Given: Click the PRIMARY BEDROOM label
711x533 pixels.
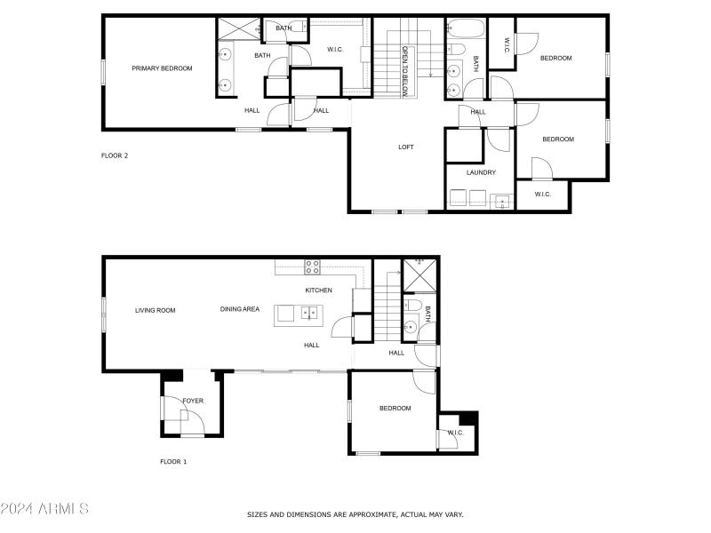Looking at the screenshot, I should pos(162,68).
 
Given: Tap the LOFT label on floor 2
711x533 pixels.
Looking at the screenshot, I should pos(405,147).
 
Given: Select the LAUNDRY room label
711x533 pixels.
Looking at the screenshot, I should pos(481,172).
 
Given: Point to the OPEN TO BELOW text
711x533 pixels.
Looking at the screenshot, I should pos(405,71).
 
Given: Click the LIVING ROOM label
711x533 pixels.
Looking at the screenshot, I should pos(156,310).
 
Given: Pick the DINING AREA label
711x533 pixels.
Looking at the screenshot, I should pos(240,309).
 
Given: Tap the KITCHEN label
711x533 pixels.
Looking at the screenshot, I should pos(318,290).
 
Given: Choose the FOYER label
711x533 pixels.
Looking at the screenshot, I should pos(193,401).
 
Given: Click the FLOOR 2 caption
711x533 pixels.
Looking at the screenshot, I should pos(115,155).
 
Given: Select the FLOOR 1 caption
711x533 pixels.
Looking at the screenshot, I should pos(173,461).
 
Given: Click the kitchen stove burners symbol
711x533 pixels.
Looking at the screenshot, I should pos(312,265).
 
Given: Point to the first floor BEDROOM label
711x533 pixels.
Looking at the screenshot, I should pos(395,408).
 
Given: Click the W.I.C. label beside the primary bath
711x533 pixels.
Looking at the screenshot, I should pos(336,50).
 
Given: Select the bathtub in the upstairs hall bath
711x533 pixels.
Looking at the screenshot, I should pos(463,27).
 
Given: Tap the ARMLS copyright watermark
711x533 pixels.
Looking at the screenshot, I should pos(44,509).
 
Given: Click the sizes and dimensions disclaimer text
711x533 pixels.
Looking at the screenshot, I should pos(355,514).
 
